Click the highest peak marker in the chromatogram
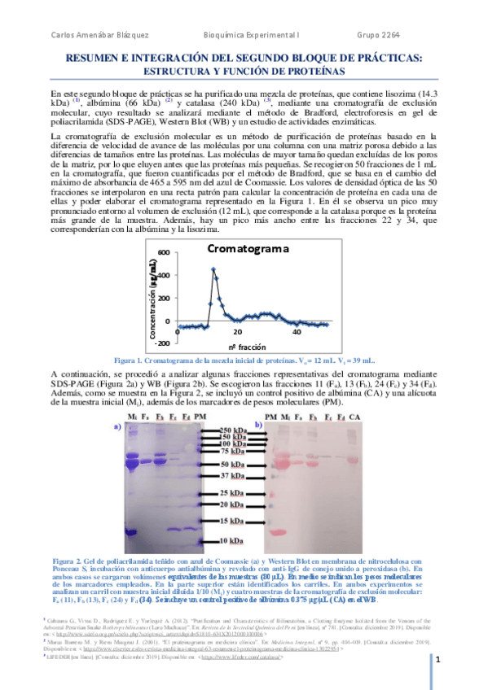(213, 269)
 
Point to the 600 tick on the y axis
(163, 252)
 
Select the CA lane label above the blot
(354, 417)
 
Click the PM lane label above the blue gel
(201, 417)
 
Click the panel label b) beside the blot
(259, 425)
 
